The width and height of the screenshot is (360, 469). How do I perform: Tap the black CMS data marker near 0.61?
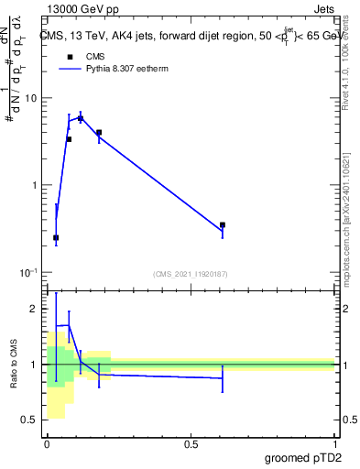[223, 224]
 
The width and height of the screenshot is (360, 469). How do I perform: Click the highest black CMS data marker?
[81, 119]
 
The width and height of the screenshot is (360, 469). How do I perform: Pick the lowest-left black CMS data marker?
[56, 237]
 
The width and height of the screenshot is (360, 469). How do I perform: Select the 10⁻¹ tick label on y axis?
[30, 273]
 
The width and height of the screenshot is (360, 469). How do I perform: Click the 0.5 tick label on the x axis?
[191, 444]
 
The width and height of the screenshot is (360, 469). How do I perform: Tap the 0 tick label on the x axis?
[48, 444]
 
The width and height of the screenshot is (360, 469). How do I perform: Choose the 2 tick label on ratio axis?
[36, 310]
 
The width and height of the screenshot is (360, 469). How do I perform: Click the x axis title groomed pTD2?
[304, 458]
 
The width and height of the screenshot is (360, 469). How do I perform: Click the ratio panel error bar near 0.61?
[223, 377]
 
